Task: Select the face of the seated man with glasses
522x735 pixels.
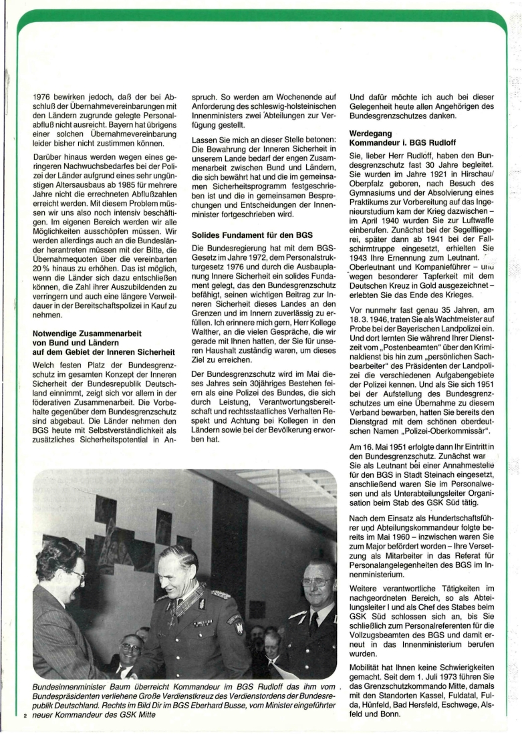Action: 131,649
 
